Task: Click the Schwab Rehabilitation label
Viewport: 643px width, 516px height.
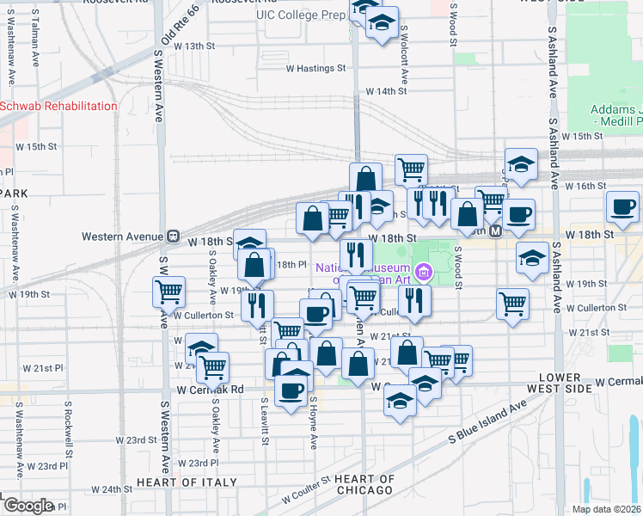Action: point(58,106)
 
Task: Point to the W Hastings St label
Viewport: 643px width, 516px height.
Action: point(315,68)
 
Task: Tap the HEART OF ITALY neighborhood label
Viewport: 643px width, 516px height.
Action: point(186,482)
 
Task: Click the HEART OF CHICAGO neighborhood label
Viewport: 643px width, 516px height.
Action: point(364,484)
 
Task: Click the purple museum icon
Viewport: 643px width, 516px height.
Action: point(422,273)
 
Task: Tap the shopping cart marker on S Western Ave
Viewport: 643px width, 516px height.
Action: point(169,292)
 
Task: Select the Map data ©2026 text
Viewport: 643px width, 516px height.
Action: point(606,509)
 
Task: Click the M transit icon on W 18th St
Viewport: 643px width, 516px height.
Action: point(495,232)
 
